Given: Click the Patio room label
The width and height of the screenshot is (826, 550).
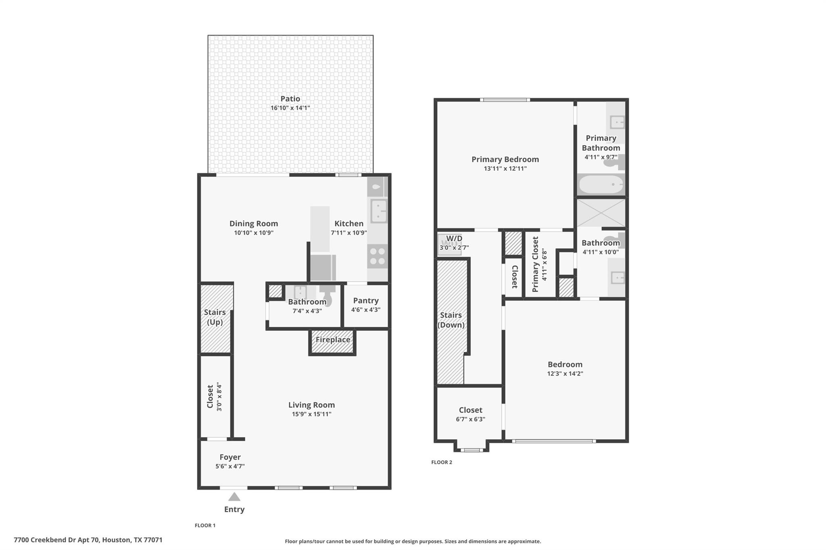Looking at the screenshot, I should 290,99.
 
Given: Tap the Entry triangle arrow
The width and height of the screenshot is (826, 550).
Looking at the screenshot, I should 234,497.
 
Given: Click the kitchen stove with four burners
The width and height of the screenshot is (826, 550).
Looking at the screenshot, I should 378,256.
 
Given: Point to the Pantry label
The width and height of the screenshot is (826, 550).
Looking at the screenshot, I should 365,301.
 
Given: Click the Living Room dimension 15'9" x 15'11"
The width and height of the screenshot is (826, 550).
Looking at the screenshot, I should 311,414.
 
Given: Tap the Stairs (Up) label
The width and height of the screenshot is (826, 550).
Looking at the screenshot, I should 215,317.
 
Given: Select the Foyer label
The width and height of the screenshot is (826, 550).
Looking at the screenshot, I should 230,457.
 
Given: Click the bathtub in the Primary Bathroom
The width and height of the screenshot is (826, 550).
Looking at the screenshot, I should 601,185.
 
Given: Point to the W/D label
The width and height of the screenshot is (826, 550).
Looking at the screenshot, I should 454,239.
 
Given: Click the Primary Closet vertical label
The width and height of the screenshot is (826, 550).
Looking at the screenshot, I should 536,264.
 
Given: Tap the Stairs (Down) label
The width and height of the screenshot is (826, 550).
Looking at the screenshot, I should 451,320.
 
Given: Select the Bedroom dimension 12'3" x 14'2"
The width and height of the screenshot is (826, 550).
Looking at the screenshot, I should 565,374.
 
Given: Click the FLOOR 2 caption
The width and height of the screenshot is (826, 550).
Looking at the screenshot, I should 442,462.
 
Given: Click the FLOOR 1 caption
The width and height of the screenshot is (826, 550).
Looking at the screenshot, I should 205,525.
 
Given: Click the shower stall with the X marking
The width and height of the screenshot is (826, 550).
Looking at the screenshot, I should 601,213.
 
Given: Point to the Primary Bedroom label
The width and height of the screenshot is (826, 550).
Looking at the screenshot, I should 505,160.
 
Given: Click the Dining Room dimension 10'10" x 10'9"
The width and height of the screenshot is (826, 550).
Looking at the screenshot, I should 254,233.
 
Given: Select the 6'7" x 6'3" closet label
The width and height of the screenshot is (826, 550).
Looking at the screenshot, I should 470,419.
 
